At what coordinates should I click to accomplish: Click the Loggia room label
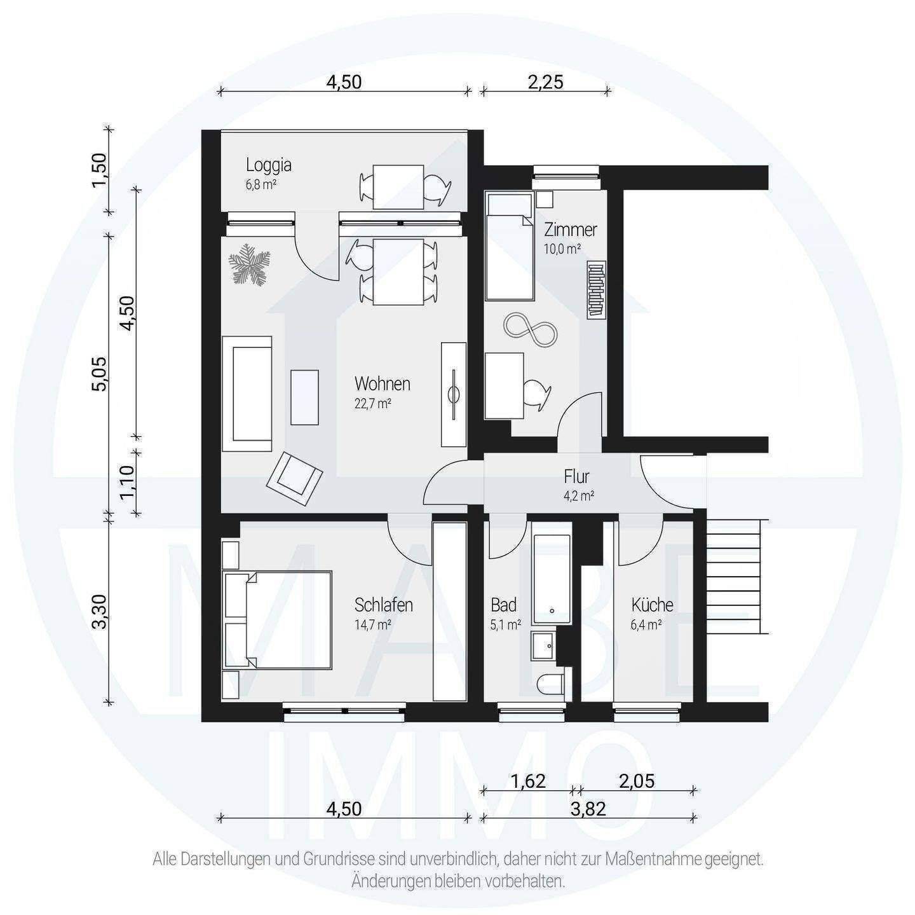point(268,165)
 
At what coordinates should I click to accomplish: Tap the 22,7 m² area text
point(373,404)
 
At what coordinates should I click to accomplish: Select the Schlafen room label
point(384,605)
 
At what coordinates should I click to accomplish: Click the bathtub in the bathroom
point(552,579)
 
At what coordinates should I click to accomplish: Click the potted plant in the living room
point(249,265)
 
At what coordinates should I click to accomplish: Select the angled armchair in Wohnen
point(294,479)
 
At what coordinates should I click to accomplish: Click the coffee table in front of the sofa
point(304,397)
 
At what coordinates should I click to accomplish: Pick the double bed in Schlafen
point(277,621)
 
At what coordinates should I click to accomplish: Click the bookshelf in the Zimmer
point(597,289)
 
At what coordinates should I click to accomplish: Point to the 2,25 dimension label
point(546,82)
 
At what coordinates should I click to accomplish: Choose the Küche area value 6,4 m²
point(646,625)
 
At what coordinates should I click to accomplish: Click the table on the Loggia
point(398,187)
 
